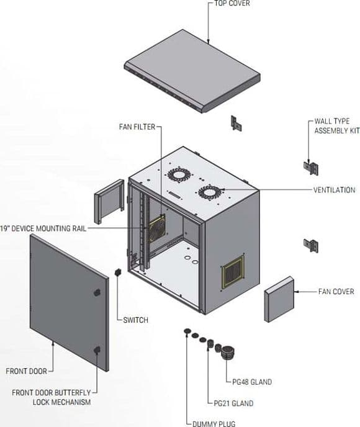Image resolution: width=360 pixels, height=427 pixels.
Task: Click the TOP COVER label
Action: click(x=232, y=3)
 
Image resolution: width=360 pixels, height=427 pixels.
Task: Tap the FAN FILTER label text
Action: click(x=137, y=127)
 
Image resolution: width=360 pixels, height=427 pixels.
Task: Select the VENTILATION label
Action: click(x=334, y=190)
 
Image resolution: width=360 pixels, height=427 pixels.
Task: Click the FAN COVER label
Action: click(x=336, y=292)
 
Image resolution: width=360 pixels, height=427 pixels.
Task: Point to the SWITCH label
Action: click(x=135, y=320)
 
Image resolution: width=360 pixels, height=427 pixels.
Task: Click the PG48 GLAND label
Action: click(x=252, y=382)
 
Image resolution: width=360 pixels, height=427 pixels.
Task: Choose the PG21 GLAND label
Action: click(x=233, y=403)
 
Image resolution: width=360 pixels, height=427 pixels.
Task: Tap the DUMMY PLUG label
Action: click(x=214, y=424)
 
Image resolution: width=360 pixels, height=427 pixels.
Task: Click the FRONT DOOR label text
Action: click(x=27, y=371)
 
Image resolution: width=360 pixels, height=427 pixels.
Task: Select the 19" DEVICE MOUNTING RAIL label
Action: click(x=43, y=228)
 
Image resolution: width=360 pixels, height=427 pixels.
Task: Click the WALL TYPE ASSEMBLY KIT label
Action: click(x=337, y=126)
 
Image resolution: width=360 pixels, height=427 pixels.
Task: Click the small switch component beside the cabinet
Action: click(x=118, y=272)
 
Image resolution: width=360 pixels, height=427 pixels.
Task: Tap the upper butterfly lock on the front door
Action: click(x=97, y=292)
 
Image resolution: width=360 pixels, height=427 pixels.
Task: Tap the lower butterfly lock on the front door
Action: click(x=97, y=349)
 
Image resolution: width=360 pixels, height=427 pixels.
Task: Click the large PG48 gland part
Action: click(x=228, y=353)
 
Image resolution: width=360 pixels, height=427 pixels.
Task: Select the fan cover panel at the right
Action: click(x=279, y=299)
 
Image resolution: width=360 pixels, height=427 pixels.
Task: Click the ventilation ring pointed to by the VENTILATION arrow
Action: click(x=210, y=193)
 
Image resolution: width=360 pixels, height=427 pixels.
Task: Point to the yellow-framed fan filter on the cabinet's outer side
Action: click(x=233, y=272)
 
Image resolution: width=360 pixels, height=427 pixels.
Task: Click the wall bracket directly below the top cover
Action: click(x=236, y=124)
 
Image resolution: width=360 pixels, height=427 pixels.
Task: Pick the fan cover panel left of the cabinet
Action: click(x=109, y=202)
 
